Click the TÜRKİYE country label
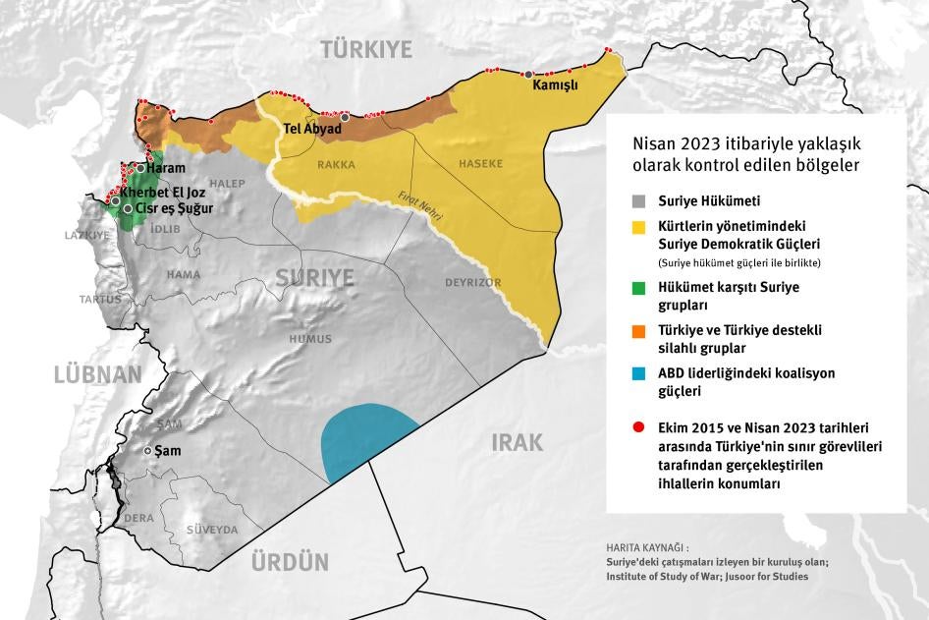(366, 49)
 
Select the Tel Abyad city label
(311, 129)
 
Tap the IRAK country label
(517, 442)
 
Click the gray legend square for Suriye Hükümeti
(639, 201)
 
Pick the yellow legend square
(639, 227)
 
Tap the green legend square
(639, 288)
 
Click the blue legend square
(639, 374)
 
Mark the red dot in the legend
(639, 428)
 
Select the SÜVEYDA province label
(212, 530)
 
